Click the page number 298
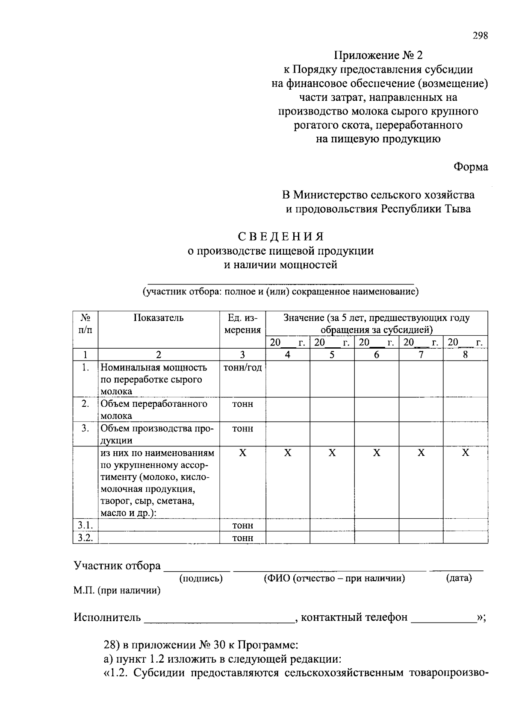point(480,36)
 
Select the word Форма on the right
point(470,167)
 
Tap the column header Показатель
point(159,318)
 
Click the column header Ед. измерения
point(242,324)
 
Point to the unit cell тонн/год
point(242,367)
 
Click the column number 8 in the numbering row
point(465,355)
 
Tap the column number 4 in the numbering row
point(287,355)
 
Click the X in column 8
point(465,453)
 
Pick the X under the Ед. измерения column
point(242,453)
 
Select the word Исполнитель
point(107,617)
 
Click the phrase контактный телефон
point(354,617)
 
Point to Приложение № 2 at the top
point(377,55)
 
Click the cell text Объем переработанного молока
point(153,409)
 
